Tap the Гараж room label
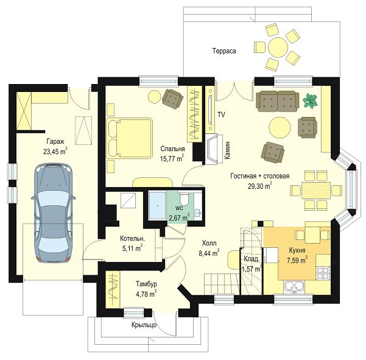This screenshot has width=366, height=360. pyautogui.click(x=55, y=141)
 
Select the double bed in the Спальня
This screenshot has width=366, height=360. pyautogui.click(x=129, y=138)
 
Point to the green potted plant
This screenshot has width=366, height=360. pyautogui.click(x=310, y=101)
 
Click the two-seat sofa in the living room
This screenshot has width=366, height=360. pyautogui.click(x=277, y=101)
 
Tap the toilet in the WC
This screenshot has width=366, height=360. pyautogui.click(x=184, y=199)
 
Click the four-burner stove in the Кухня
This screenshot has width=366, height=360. pyautogui.click(x=323, y=273)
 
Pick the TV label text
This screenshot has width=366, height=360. pyautogui.click(x=221, y=115)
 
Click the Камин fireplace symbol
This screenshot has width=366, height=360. pyautogui.click(x=214, y=149)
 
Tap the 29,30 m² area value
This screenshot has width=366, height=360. pyautogui.click(x=260, y=186)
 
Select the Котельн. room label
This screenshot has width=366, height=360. pyautogui.click(x=132, y=238)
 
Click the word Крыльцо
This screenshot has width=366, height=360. pyautogui.click(x=144, y=325)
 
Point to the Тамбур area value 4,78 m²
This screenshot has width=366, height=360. pyautogui.click(x=146, y=294)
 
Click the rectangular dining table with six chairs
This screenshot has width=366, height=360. pyautogui.click(x=316, y=190)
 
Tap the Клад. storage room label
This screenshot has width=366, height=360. pyautogui.click(x=252, y=259)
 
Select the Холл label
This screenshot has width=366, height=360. pyautogui.click(x=209, y=243)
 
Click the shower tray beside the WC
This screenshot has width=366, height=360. pyautogui.click(x=158, y=205)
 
